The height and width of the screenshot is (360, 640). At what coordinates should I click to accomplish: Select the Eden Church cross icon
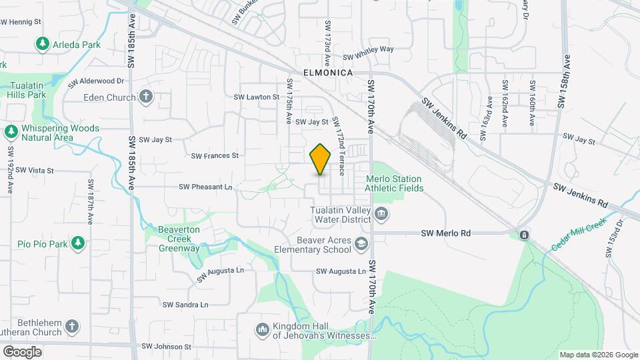pos(146,97)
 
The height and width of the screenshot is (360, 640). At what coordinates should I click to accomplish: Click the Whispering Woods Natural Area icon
pos(11,131)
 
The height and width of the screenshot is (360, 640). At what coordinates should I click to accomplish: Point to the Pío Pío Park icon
pos(78,243)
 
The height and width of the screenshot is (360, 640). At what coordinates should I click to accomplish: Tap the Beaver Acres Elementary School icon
pos(361,245)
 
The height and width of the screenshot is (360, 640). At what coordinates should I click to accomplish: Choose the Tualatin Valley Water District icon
pos(381,214)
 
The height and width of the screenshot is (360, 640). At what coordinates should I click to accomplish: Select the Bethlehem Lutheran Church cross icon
pos(72,327)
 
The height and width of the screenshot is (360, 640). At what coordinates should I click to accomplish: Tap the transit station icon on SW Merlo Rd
pos(525,235)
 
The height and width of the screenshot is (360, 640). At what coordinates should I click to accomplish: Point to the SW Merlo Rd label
pos(446,233)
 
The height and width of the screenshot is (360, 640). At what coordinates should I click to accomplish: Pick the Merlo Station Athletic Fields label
pos(394,183)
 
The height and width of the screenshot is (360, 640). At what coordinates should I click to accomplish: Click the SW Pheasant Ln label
pos(205,187)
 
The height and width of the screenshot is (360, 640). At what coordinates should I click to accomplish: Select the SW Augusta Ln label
pos(341,271)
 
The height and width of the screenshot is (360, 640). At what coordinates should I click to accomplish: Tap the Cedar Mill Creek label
pos(578,234)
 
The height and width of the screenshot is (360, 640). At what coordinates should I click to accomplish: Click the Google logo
pos(22,351)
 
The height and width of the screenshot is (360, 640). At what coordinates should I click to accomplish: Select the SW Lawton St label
pos(256,97)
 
